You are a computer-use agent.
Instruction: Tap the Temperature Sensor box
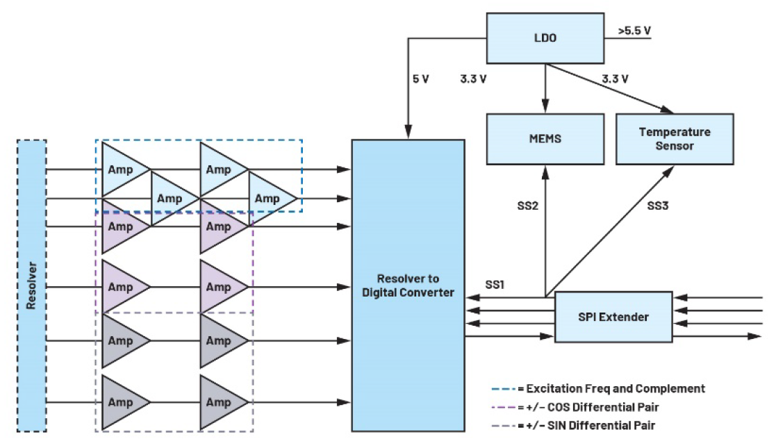point(675,138)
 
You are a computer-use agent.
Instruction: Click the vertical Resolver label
point(31,285)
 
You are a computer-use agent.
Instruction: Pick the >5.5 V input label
point(634,31)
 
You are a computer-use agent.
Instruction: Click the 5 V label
point(421,78)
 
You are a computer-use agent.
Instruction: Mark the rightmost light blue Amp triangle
point(269,199)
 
